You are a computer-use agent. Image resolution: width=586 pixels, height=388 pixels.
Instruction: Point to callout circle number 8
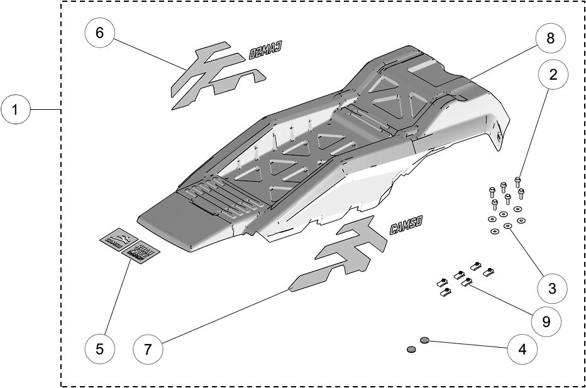550,38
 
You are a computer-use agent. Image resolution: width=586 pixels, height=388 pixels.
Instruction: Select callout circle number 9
545,321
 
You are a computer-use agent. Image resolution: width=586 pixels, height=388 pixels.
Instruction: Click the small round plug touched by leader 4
424,340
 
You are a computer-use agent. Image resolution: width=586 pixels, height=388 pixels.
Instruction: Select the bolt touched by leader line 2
517,181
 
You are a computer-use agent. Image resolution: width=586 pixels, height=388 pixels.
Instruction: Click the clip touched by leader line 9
467,284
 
